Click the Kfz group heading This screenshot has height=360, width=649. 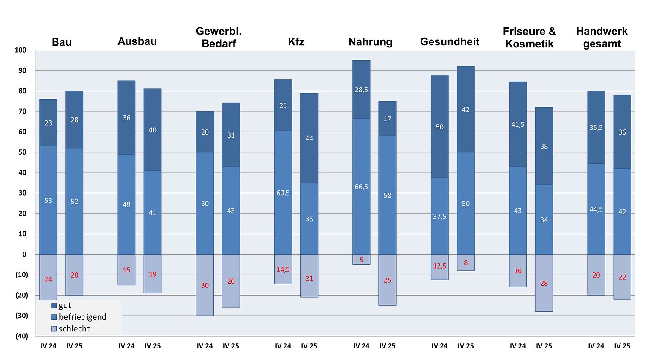(296, 41)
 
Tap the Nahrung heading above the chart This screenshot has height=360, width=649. (370, 41)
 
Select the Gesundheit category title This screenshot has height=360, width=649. (450, 41)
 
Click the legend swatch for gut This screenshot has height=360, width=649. (54, 305)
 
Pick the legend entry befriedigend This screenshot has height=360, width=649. (82, 317)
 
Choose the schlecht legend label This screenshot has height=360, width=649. (74, 328)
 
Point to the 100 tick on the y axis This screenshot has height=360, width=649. (20, 50)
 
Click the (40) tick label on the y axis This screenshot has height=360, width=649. (22, 336)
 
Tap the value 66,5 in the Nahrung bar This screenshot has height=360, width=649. (361, 187)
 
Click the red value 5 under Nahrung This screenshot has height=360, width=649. (361, 260)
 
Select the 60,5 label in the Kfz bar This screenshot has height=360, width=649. (283, 193)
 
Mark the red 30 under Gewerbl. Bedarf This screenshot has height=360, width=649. (205, 285)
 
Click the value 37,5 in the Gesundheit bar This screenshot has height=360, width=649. (439, 217)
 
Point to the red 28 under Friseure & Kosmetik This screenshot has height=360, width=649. (544, 283)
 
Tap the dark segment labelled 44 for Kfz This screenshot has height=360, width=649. (309, 138)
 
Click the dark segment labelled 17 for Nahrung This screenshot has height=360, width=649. (387, 119)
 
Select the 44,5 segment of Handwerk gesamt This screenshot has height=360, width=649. (596, 209)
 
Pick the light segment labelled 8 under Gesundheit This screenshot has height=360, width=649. (465, 263)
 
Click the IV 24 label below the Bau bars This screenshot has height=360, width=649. (48, 346)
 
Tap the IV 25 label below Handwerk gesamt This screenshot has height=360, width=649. (622, 346)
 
